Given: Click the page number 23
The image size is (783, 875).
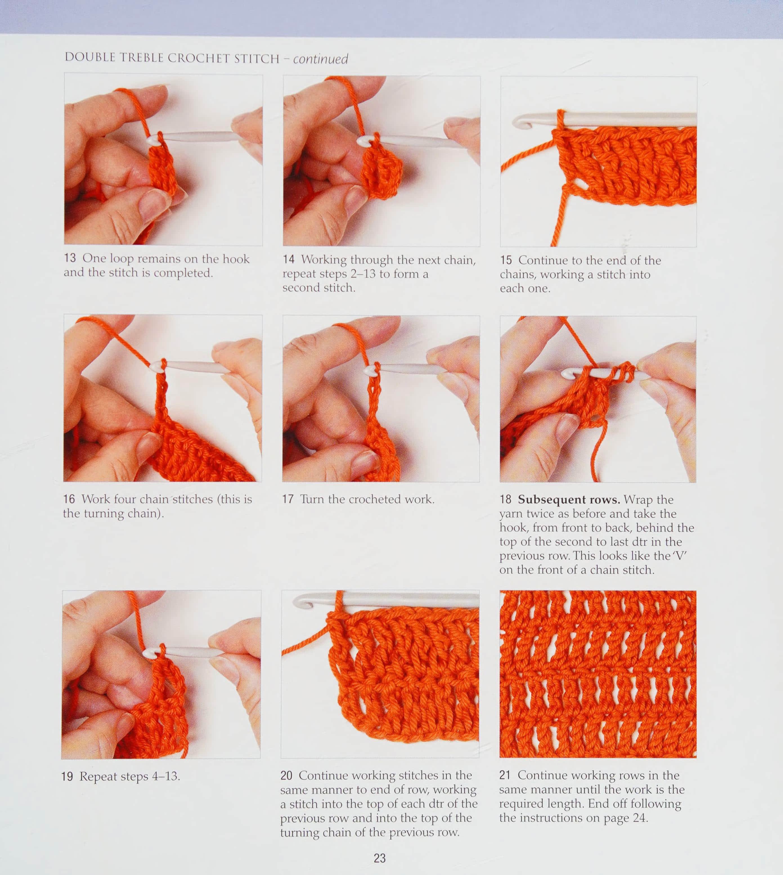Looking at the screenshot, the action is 380,858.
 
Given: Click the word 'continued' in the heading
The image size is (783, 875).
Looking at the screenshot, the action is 320,59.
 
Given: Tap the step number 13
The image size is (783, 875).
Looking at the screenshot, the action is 70,258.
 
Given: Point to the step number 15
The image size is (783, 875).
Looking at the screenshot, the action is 506,260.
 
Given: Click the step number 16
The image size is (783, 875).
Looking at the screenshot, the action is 69,499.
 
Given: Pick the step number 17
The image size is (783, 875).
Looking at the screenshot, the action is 288,499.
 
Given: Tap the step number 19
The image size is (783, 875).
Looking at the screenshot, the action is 67,777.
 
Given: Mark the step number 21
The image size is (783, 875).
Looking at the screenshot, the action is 505,775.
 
